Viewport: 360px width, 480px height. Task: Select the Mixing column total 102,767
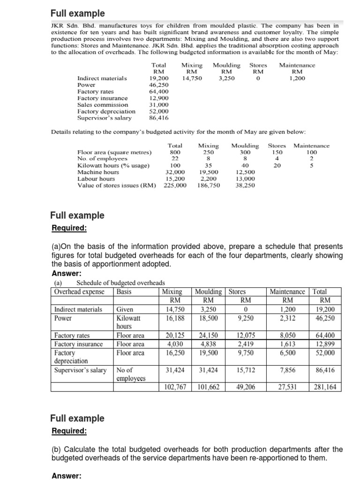[175, 387]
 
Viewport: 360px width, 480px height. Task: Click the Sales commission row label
[102, 105]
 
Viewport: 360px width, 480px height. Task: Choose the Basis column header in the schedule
[124, 292]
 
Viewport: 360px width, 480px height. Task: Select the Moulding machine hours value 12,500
[244, 172]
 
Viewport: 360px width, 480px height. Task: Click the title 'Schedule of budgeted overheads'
[120, 283]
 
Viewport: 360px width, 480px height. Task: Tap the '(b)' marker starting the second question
[56, 449]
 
